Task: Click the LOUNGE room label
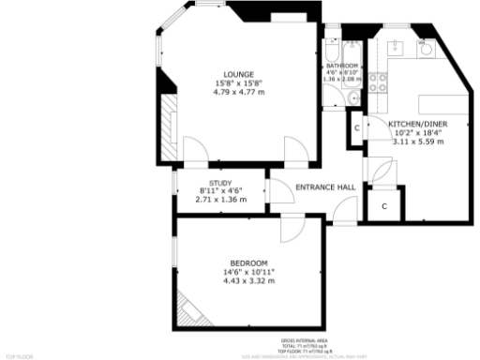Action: pos(236,74)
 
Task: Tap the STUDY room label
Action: pos(220,184)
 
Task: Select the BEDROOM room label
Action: pos(248,262)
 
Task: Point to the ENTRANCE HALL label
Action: pos(325,187)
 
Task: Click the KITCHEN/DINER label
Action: pos(418,124)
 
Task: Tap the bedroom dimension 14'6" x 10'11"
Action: pos(248,272)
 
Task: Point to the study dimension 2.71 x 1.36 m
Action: pos(220,200)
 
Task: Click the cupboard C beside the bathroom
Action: pos(356,128)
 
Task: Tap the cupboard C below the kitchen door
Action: pos(385,205)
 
